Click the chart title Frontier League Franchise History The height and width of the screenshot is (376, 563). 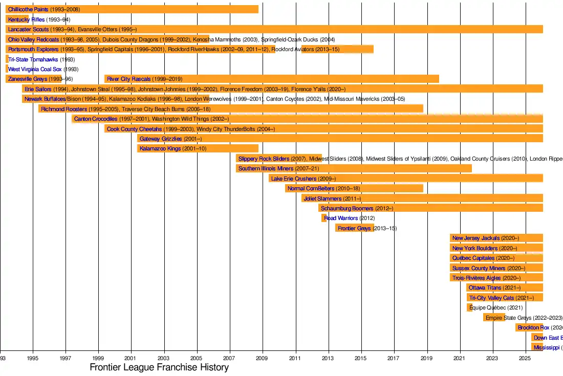pyautogui.click(x=159, y=367)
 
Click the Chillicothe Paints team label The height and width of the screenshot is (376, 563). pyautogui.click(x=28, y=10)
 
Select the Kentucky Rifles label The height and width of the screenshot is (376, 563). pyautogui.click(x=27, y=19)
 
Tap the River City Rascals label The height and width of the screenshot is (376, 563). pyautogui.click(x=129, y=79)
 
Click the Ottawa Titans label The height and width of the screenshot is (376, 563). pyautogui.click(x=485, y=287)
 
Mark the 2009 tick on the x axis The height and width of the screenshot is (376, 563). pyautogui.click(x=263, y=359)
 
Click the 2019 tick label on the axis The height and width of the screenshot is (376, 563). pyautogui.click(x=427, y=359)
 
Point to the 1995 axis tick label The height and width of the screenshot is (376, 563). pyautogui.click(x=33, y=359)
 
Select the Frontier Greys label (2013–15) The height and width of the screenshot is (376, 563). pyautogui.click(x=354, y=228)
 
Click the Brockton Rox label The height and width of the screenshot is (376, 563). pyautogui.click(x=533, y=327)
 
